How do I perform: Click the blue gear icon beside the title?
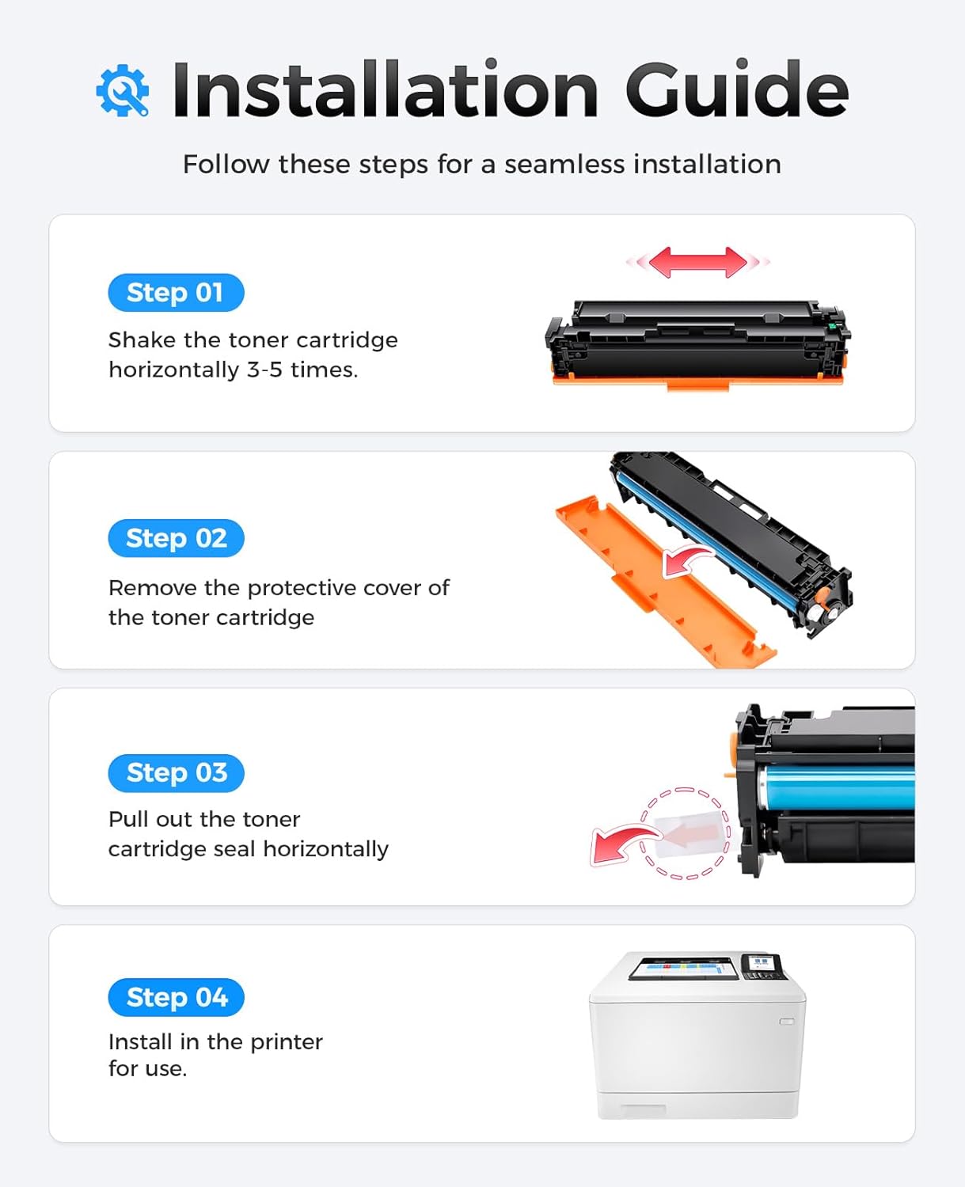(x=123, y=90)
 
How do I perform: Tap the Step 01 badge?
(x=176, y=293)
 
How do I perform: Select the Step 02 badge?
(x=176, y=538)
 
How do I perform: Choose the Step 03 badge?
(x=176, y=772)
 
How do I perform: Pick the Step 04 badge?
(x=176, y=997)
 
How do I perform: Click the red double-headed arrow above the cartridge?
(x=697, y=262)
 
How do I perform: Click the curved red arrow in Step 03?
(x=621, y=844)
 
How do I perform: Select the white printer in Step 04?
(x=697, y=1045)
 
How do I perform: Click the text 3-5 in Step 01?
(x=264, y=370)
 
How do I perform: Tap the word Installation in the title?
(x=385, y=90)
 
